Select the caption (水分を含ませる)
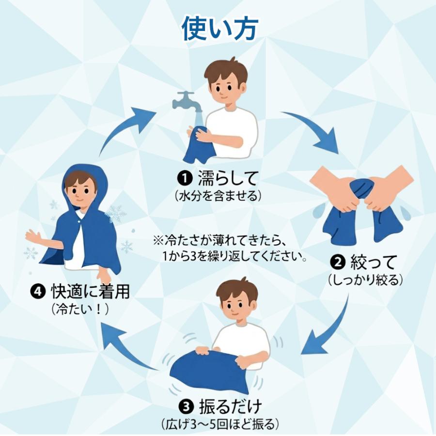coord(218,196)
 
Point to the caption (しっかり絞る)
coord(365,280)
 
